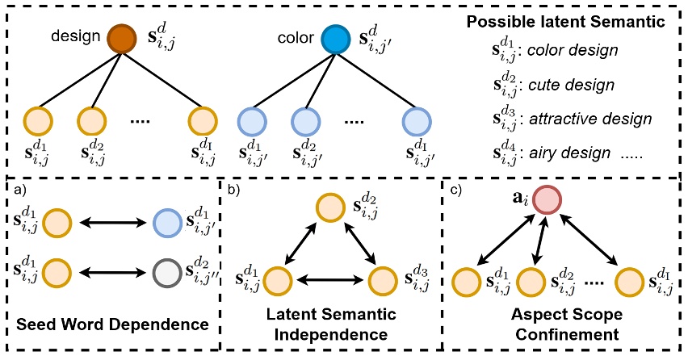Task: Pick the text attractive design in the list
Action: pyautogui.click(x=585, y=119)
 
